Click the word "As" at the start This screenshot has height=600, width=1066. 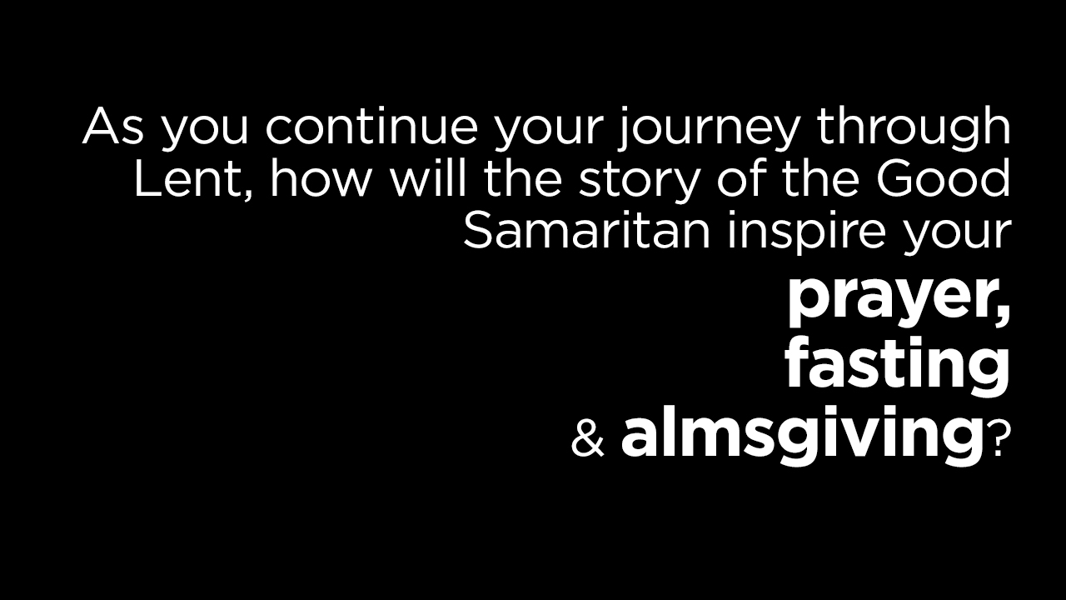[112, 126]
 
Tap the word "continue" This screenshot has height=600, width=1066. [371, 125]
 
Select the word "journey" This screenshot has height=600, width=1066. [707, 129]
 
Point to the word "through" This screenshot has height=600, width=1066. [914, 129]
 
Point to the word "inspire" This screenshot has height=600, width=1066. [807, 232]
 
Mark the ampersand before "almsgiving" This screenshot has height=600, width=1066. [588, 441]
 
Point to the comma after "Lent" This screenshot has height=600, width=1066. [247, 195]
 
